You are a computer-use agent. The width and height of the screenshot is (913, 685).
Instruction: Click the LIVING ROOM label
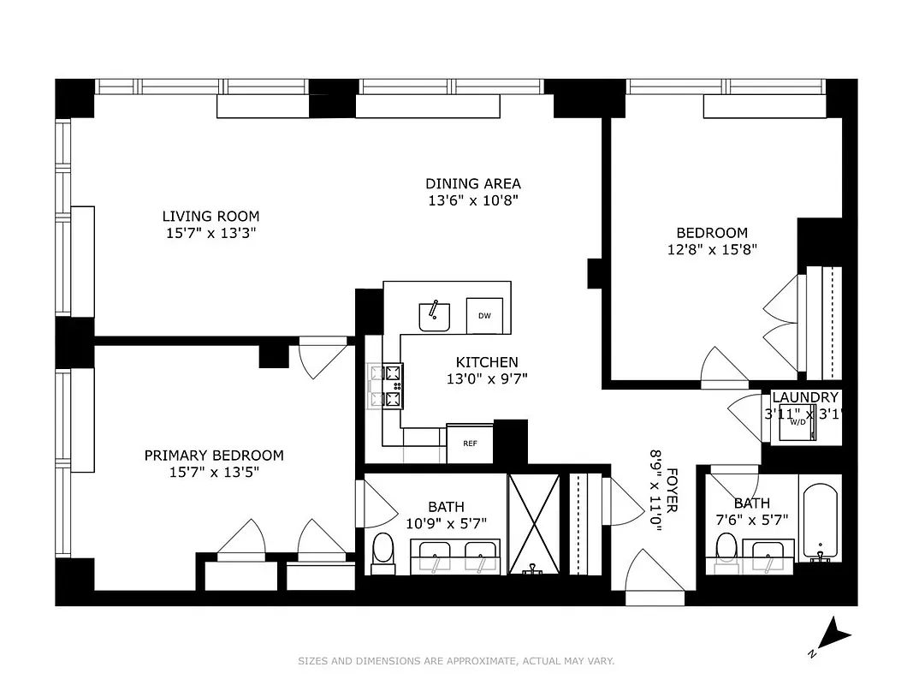[x=210, y=217]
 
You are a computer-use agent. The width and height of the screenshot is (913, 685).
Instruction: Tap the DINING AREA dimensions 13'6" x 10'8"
[x=473, y=200]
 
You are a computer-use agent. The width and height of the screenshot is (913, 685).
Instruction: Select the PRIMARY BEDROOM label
[x=213, y=456]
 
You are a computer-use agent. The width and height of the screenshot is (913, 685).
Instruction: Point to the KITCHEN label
[x=486, y=362]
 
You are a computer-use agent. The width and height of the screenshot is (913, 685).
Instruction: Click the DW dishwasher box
[x=484, y=316]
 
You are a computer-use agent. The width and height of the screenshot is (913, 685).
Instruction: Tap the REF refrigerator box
[x=470, y=444]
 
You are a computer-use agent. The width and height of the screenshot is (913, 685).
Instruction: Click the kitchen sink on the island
[x=435, y=316]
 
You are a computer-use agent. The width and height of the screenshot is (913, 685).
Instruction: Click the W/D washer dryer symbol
[x=797, y=423]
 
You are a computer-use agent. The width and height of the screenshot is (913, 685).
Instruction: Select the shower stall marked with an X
[x=533, y=523]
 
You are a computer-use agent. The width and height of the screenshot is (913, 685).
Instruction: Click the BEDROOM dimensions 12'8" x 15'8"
[x=712, y=249]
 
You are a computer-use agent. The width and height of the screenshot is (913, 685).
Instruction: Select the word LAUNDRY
[x=804, y=397]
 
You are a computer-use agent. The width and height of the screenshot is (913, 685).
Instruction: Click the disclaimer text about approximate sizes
[x=456, y=661]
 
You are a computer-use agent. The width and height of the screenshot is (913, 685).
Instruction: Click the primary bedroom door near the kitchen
[x=323, y=358]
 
